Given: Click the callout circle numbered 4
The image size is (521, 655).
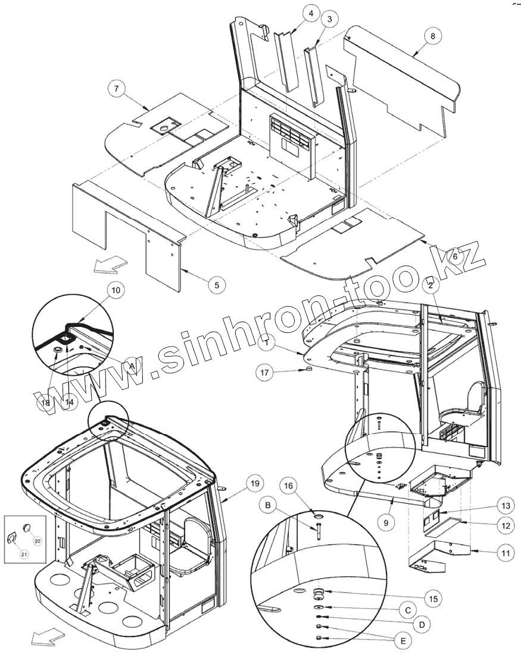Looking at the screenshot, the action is tap(311, 13).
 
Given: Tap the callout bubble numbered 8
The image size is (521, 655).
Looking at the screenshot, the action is tap(433, 36).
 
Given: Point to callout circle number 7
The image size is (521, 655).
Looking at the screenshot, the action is tap(117, 89).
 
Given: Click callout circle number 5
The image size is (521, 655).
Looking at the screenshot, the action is tap(217, 285).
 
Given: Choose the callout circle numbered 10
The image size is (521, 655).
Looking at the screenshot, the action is tap(116, 290).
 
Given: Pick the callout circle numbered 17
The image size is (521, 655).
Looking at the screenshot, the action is tap(266, 373).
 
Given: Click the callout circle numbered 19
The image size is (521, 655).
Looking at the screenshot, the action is tap(254, 483).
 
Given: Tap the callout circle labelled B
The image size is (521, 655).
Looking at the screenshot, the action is tap(269, 507).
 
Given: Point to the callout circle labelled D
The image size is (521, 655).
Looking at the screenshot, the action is tap(422, 625).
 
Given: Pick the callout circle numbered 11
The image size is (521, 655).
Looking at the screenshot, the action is tap(504, 553).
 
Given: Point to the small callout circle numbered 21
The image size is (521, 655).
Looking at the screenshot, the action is tap(24, 554).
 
